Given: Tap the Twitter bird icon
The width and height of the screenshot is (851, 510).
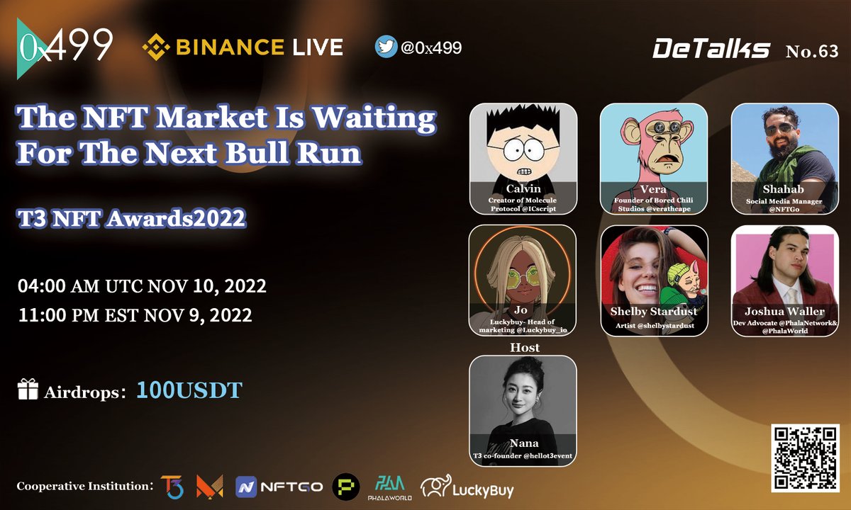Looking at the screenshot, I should click(386, 47).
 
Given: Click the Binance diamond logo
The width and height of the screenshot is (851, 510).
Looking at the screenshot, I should click(155, 47).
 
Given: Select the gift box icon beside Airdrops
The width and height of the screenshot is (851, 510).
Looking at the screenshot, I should click(28, 389).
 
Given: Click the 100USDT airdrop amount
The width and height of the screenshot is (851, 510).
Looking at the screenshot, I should click(189, 390).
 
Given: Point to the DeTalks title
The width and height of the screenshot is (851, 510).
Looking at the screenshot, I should click(711, 50).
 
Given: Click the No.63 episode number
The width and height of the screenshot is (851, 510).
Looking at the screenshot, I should click(811, 51).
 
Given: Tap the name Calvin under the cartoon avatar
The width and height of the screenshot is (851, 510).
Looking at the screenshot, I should click(523, 189).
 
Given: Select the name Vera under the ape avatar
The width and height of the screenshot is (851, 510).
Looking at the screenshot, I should click(653, 189).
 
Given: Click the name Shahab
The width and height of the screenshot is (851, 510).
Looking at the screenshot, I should click(784, 190).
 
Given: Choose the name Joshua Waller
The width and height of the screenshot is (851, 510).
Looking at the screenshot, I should click(784, 311).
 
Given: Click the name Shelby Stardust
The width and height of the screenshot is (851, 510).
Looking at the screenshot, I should click(654, 311).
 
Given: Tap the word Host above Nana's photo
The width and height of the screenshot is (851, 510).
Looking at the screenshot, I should click(523, 348).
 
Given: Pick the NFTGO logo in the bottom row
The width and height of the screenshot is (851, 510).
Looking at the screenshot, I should click(279, 487).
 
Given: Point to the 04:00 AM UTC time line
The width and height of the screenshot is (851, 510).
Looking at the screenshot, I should click(142, 287).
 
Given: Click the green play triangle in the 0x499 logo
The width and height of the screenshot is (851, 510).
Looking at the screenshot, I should click(26, 48).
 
